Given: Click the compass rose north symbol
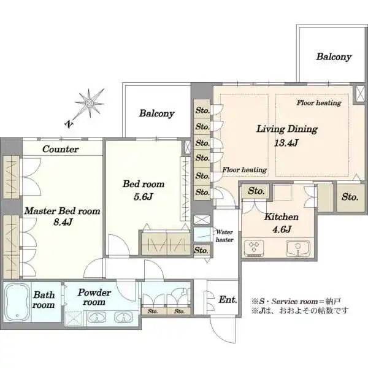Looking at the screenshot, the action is click(89, 103).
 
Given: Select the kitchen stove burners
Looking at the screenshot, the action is click(254, 248).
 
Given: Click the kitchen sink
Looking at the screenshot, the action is click(297, 248).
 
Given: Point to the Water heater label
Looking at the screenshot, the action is click(224, 236).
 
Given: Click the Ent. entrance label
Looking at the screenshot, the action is click(228, 299).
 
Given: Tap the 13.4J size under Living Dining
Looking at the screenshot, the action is click(286, 143).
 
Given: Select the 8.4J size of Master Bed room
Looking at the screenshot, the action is click(63, 221).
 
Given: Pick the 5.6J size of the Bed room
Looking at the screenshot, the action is click(143, 196).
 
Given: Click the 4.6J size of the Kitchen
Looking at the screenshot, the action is click(282, 229).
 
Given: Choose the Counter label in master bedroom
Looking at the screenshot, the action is click(61, 149).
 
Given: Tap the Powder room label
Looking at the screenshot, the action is click(94, 297).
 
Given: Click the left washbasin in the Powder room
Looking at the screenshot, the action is click(97, 318).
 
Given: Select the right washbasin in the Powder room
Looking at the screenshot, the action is click(123, 318).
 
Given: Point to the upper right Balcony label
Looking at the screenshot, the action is click(334, 56).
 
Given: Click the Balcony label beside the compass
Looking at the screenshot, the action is click(156, 113).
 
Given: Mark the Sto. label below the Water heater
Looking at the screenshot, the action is click(201, 250).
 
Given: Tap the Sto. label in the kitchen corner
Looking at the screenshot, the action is click(256, 191).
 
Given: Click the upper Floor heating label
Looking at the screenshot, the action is click(319, 102).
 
